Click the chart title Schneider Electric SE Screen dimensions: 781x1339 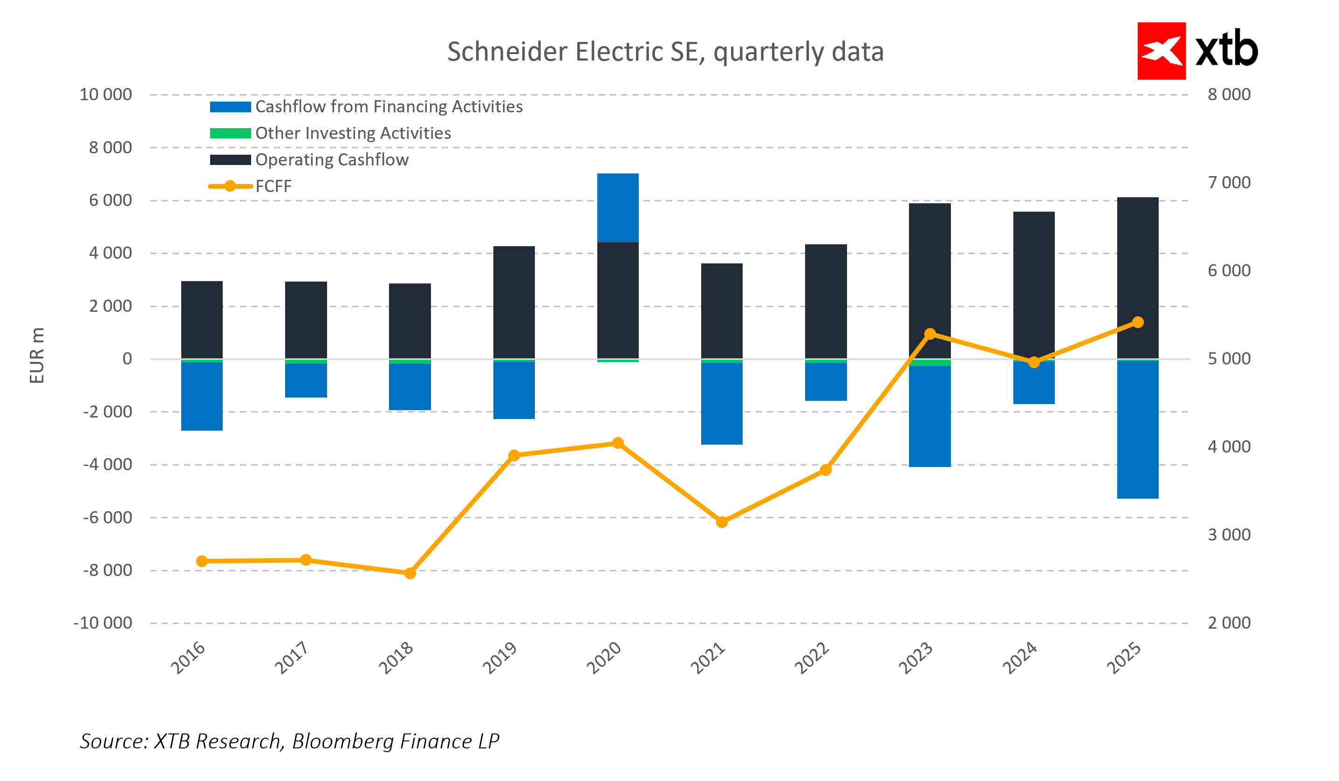[x=665, y=52]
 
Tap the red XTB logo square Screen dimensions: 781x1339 [x=1161, y=51]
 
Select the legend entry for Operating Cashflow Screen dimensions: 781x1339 [x=332, y=160]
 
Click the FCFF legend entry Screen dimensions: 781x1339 [x=273, y=186]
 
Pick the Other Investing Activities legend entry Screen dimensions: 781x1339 [x=353, y=133]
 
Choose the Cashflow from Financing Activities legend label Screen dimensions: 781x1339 [x=389, y=107]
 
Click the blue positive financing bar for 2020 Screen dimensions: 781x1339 [x=617, y=208]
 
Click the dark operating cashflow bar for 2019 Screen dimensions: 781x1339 [x=514, y=302]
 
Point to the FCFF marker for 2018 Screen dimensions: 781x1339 [x=410, y=573]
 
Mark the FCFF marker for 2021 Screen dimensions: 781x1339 [x=722, y=522]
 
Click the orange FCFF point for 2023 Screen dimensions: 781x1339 [x=930, y=334]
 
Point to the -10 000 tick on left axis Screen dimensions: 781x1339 [x=103, y=623]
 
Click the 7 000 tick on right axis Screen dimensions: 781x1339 [x=1229, y=183]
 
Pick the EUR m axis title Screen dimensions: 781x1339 [x=37, y=356]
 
